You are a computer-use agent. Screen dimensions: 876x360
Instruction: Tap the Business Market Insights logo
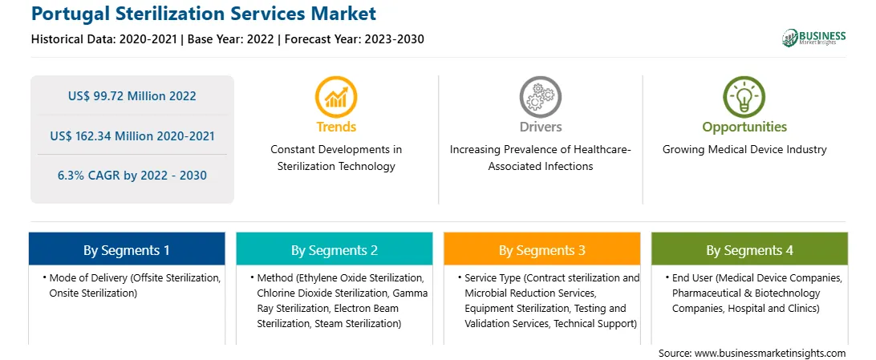[814, 38]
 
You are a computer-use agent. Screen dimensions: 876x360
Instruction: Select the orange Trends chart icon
[336, 96]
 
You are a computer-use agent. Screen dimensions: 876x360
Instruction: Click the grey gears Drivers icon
[540, 96]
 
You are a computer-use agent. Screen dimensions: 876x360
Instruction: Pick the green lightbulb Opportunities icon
[744, 96]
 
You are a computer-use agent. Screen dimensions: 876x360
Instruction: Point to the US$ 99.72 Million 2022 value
[132, 96]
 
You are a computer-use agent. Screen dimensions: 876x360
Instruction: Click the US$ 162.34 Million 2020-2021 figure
[132, 136]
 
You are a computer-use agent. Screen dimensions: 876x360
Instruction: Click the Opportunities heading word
[744, 127]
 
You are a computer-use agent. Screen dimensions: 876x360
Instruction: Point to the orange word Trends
[336, 127]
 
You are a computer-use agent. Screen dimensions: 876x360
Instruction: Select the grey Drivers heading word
[540, 127]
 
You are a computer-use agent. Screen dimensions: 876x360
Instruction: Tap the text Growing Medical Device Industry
[744, 150]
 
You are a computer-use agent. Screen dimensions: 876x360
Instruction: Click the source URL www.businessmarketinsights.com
[771, 353]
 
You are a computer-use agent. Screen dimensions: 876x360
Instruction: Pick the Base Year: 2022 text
[231, 39]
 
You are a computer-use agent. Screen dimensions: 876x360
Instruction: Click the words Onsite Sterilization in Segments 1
[93, 293]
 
